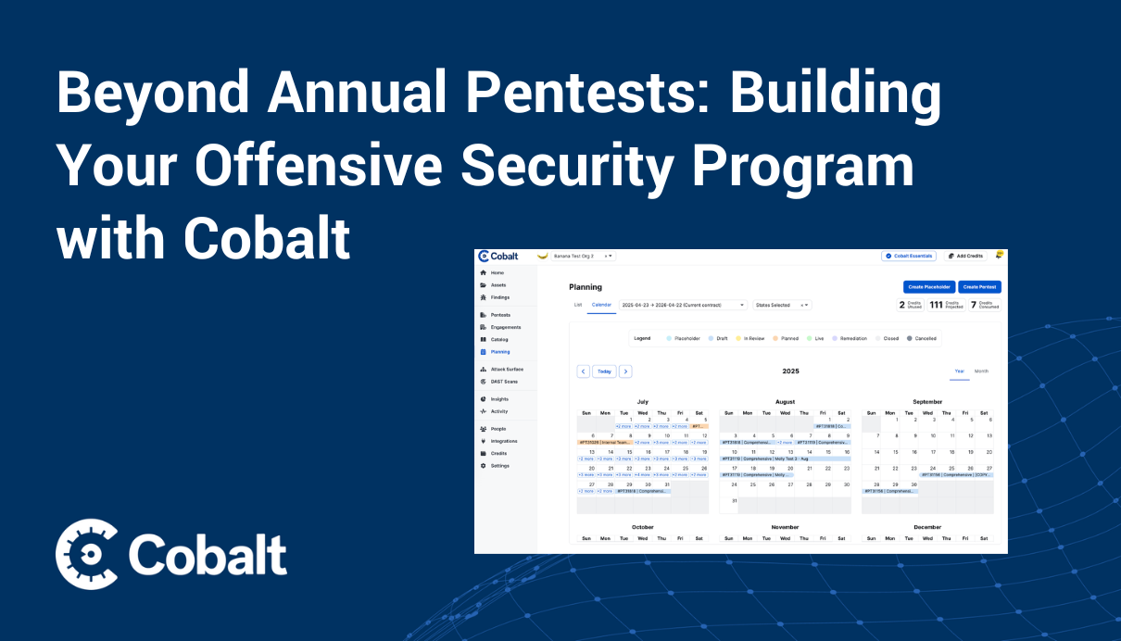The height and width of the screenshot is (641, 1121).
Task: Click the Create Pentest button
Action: (x=979, y=287)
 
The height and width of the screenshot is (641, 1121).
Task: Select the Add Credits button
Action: (x=964, y=256)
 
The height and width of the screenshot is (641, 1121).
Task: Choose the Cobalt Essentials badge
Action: (x=909, y=256)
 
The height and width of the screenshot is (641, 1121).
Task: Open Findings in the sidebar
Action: (x=499, y=297)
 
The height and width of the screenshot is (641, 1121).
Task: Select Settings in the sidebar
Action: (x=499, y=465)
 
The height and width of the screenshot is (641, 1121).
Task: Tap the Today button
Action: (x=604, y=371)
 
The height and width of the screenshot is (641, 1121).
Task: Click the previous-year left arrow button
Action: (x=584, y=371)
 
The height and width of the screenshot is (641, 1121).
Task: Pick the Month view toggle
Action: (x=981, y=371)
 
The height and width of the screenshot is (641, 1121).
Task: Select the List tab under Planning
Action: (x=578, y=305)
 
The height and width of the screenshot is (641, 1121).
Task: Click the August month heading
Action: (x=785, y=402)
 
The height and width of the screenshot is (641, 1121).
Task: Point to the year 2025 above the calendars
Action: (x=790, y=371)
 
